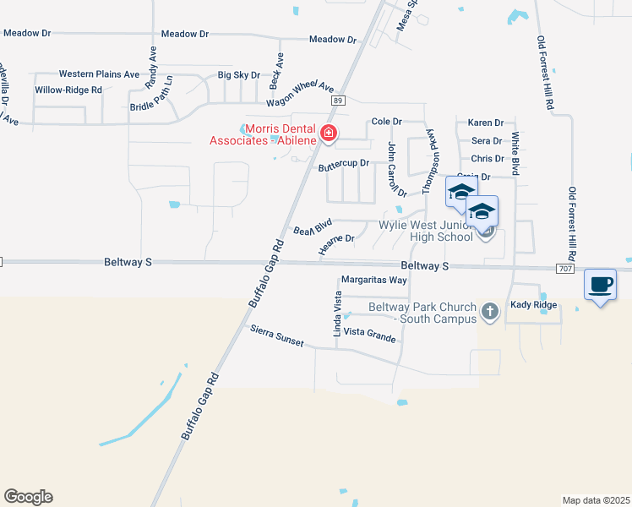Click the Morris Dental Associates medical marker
[x=328, y=134]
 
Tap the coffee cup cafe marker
[x=601, y=285]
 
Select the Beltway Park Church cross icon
[x=489, y=313]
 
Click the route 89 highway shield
[x=338, y=101]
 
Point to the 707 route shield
[x=566, y=268]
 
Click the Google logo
[x=28, y=497]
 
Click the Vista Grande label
[x=369, y=337]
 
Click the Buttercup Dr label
[x=344, y=164]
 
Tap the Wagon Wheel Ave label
[x=301, y=94]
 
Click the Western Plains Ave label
[x=99, y=74]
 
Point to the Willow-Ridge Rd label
[x=68, y=90]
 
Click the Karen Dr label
[x=486, y=123]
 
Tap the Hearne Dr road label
[x=336, y=243]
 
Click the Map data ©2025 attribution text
[x=596, y=500]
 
